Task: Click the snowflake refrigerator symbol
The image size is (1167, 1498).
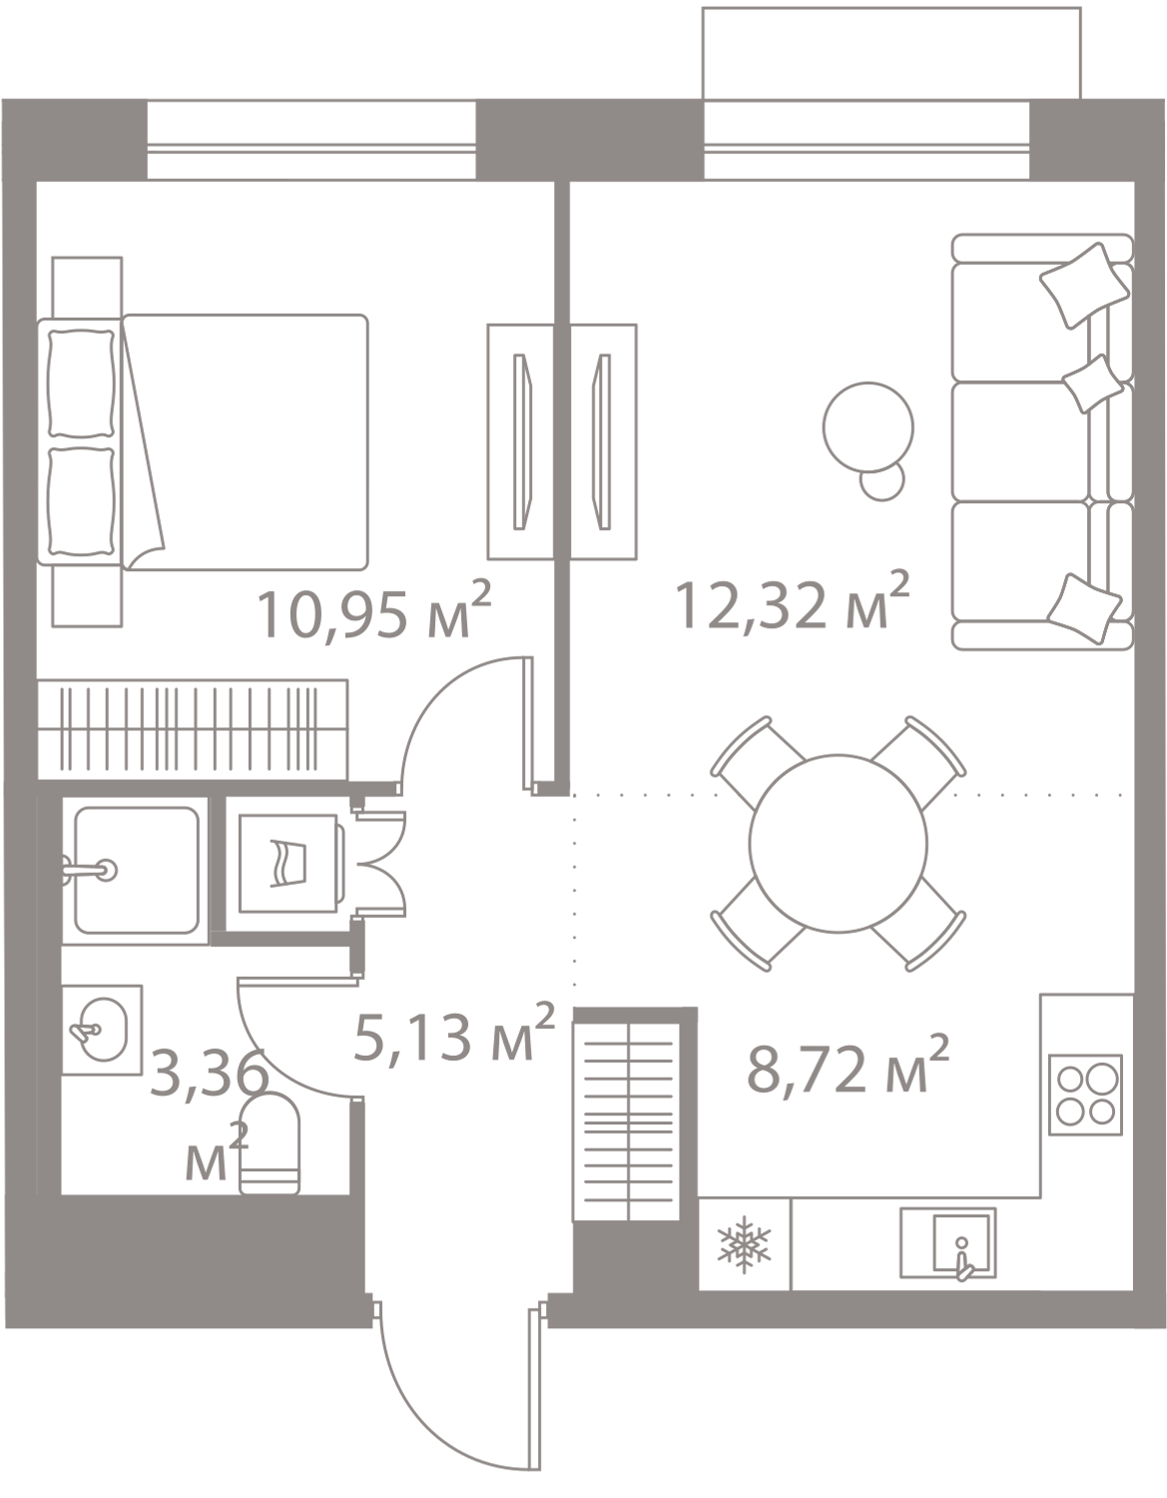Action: pyautogui.click(x=744, y=1244)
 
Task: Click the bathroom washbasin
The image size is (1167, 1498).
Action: pyautogui.click(x=103, y=1028)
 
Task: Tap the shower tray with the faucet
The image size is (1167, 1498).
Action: pyautogui.click(x=134, y=868)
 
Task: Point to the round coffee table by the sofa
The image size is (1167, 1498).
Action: pyautogui.click(x=867, y=426)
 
